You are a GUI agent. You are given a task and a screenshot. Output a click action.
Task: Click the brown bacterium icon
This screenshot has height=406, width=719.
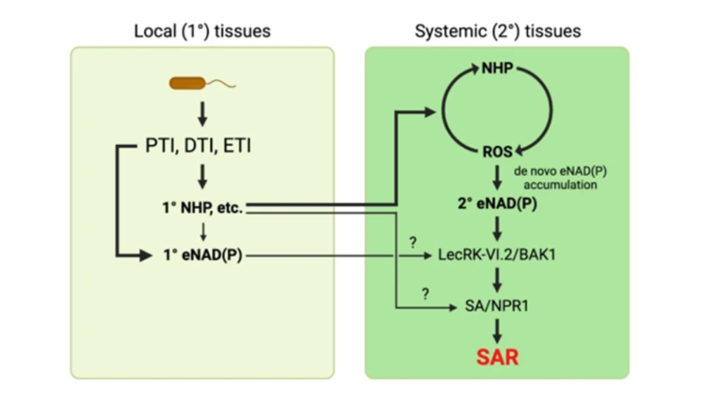(187, 84)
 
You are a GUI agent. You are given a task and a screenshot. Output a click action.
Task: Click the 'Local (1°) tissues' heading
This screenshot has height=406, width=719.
(202, 32)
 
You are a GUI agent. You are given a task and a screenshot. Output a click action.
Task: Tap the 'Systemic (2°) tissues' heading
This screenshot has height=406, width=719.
(497, 32)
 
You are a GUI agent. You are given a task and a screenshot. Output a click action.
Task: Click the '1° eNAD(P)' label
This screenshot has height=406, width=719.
(203, 256)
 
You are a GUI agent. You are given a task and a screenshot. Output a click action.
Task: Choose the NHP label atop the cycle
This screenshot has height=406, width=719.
(497, 68)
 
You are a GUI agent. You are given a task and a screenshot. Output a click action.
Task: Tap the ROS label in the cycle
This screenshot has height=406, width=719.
(496, 151)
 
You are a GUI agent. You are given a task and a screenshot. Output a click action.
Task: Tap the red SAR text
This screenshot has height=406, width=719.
(497, 357)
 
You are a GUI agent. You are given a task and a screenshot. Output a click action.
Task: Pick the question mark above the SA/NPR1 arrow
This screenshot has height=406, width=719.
(425, 293)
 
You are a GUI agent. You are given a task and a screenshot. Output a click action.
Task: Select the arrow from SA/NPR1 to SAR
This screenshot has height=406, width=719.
(497, 331)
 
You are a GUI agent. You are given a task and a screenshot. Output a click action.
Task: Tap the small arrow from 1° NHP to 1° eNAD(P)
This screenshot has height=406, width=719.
(202, 231)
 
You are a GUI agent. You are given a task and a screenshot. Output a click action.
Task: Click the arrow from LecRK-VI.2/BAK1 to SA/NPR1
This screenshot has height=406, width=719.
(497, 281)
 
